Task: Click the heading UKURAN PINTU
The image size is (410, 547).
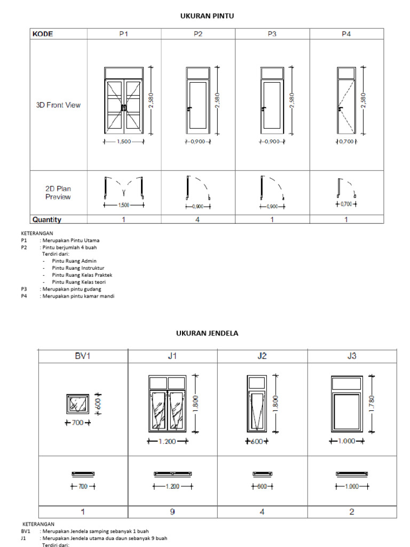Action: pos(207,17)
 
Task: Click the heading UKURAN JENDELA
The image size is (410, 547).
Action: pos(207,333)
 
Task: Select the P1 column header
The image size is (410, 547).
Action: pos(124,34)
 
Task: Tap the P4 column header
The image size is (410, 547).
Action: pos(346,34)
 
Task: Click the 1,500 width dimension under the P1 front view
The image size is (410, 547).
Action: pos(124,142)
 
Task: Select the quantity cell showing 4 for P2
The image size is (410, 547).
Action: pos(198,220)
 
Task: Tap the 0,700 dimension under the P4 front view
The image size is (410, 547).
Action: pos(346,142)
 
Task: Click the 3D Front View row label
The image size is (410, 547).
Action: pos(58,105)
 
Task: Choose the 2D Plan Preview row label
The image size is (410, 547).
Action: pos(58,193)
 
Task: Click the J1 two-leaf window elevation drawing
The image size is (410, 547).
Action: pos(167,404)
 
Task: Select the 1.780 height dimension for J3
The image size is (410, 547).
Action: pos(373,404)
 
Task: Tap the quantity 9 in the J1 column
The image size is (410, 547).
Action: pos(172,512)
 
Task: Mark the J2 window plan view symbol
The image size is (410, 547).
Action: pos(262,474)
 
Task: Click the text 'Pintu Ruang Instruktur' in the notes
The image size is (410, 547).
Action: pos(78,268)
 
